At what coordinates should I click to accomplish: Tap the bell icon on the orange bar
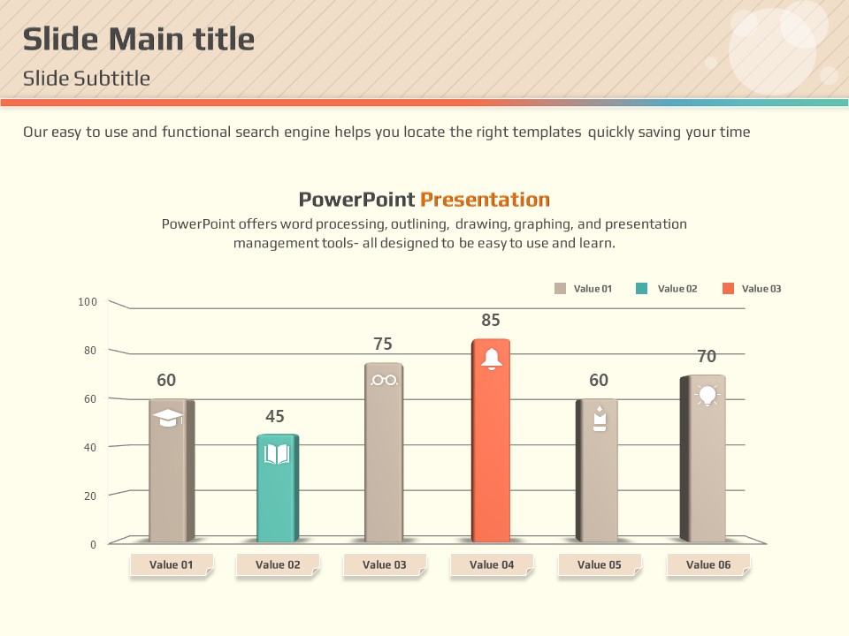coord(492,359)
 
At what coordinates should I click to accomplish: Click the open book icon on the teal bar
coord(277,454)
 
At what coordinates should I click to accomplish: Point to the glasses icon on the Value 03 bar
coord(385,380)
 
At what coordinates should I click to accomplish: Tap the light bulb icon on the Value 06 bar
coord(707,395)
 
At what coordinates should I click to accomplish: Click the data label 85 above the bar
coord(491,321)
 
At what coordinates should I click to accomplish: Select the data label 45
coord(275,416)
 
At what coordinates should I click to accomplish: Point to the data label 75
coord(383,344)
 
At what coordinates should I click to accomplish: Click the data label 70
coord(707,357)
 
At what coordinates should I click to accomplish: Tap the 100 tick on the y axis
coord(88,302)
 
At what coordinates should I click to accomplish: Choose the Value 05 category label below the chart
coord(600,565)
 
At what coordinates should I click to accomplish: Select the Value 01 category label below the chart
coord(172,565)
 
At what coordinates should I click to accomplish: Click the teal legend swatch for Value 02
coord(642,289)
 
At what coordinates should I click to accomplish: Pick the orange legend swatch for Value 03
coord(728,289)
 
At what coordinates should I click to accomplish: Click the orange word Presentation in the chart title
coord(485,200)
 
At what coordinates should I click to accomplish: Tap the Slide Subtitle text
coord(87,79)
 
